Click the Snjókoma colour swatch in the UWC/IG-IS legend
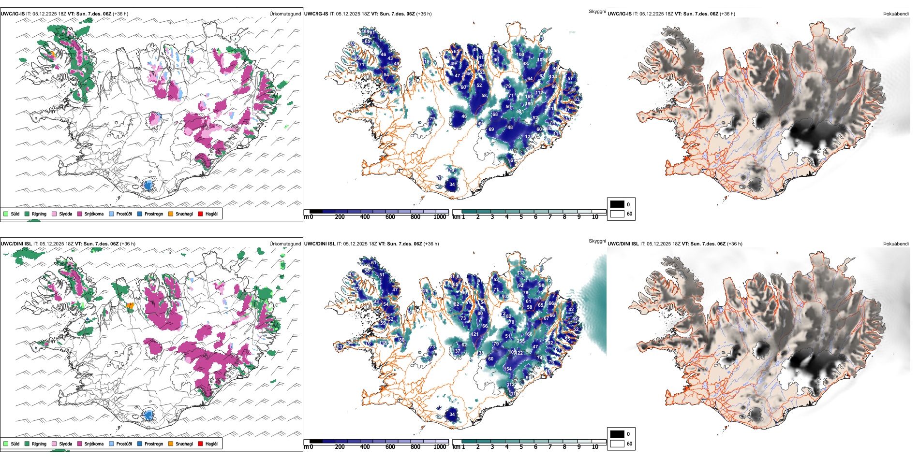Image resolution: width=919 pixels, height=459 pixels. (80, 214)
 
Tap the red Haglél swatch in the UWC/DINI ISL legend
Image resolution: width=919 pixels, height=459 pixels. (201, 444)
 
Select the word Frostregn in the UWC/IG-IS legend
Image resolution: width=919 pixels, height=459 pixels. (154, 214)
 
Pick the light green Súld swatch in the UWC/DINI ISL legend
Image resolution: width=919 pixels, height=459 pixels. (6, 444)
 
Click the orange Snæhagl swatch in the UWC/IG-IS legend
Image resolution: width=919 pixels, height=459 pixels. (171, 214)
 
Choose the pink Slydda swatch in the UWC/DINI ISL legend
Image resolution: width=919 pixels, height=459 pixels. (54, 444)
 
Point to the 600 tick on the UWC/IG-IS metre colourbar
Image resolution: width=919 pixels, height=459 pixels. (390, 217)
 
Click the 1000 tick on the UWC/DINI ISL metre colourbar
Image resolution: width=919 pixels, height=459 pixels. (440, 447)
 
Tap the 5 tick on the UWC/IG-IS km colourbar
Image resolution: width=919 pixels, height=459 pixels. (521, 217)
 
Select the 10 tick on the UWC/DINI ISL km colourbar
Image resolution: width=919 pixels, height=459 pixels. (595, 447)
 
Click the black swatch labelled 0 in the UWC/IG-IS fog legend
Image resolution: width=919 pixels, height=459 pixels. (617, 204)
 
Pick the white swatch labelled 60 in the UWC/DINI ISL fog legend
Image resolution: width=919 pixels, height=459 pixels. (617, 444)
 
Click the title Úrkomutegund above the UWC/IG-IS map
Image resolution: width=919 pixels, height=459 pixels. (285, 14)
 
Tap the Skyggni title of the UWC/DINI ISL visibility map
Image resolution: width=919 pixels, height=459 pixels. (597, 241)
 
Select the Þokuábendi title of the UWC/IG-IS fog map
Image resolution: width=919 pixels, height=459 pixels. (896, 14)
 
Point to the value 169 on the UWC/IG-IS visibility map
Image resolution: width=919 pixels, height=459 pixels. (529, 97)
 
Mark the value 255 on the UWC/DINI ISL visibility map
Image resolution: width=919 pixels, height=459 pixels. (521, 341)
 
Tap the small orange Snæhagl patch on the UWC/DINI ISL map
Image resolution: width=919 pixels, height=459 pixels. (130, 305)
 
